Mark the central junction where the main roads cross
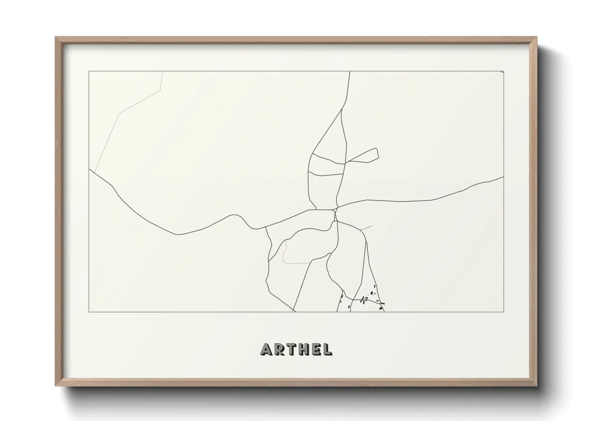(335, 210)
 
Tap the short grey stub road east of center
(366, 228)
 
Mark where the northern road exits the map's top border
(349, 72)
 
